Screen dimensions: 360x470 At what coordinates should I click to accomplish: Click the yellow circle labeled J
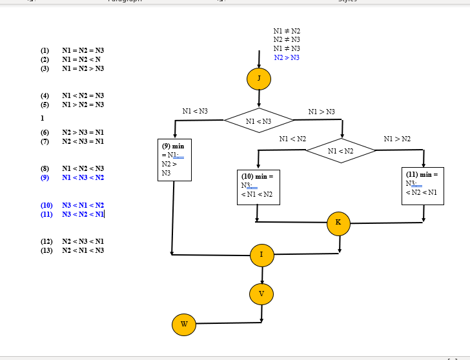click(259, 79)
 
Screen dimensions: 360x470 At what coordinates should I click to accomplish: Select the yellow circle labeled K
click(338, 223)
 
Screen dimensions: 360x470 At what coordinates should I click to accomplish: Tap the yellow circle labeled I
click(262, 255)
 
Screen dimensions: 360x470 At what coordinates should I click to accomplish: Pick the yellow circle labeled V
click(261, 294)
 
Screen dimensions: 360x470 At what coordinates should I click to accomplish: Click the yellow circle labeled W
click(184, 324)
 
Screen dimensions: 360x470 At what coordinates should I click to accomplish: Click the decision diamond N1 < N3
click(259, 121)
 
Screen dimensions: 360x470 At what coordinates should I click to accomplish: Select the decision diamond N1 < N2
click(341, 151)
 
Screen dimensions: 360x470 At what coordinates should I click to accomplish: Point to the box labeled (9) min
click(174, 159)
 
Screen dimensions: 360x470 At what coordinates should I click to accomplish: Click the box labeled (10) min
click(259, 186)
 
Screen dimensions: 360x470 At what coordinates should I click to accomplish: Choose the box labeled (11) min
click(422, 185)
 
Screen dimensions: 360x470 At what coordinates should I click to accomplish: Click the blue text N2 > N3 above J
click(287, 58)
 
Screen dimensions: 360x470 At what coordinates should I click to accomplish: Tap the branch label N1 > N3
click(322, 112)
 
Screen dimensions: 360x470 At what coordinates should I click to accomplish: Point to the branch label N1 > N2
click(396, 139)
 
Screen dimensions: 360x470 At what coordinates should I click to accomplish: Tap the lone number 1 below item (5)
click(43, 118)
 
